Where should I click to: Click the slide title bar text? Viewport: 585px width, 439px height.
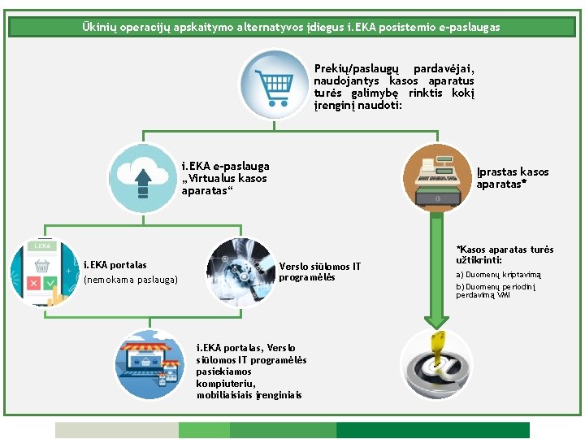point(292,27)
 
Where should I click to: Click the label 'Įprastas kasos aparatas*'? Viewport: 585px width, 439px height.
point(513,178)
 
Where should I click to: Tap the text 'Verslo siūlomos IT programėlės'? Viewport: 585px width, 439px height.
point(319,272)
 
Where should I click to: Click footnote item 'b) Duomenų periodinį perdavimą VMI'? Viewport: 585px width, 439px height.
point(496,291)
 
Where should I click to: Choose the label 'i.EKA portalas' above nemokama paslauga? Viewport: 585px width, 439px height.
point(115,265)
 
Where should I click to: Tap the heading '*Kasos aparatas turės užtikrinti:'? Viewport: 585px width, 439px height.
point(505,254)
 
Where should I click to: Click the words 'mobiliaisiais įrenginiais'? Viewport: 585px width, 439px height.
point(249,395)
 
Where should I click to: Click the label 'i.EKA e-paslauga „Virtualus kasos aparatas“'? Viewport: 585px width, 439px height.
point(225,178)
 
